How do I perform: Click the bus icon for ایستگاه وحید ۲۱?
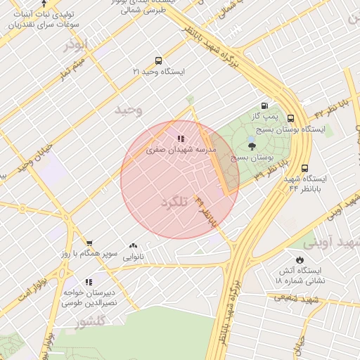(x=157, y=60)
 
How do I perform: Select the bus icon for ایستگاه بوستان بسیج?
(x=290, y=119)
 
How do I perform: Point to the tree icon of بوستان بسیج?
(x=252, y=146)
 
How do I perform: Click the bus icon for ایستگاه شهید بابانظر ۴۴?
(x=304, y=168)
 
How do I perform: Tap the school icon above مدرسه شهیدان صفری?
(x=180, y=139)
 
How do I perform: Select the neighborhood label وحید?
(x=129, y=110)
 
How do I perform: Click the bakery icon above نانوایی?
(x=133, y=246)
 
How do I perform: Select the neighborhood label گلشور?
(x=89, y=322)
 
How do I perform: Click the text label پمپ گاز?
(x=266, y=115)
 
